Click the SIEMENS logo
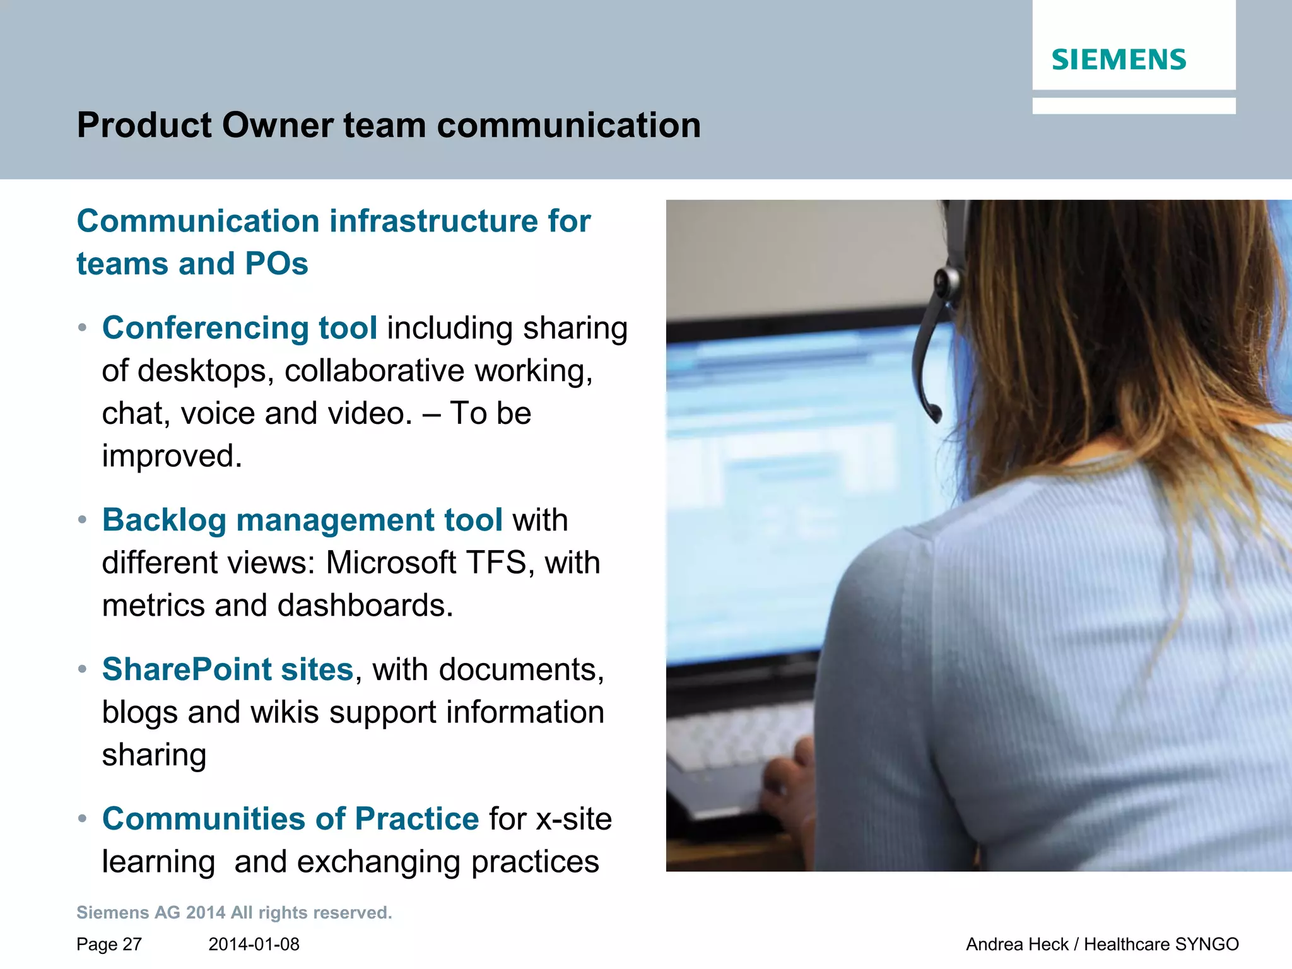[1119, 60]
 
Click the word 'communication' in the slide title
[568, 125]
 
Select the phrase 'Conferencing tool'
[240, 328]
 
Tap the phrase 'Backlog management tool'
[302, 520]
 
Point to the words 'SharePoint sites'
[228, 669]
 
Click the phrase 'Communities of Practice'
[290, 819]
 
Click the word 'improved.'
[172, 456]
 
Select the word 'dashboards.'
[365, 606]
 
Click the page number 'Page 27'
[109, 944]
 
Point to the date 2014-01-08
[254, 944]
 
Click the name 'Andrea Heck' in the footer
[1016, 944]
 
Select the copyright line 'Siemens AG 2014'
[151, 913]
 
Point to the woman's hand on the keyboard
[789, 776]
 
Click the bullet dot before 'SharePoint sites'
[82, 669]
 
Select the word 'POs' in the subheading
[276, 264]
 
